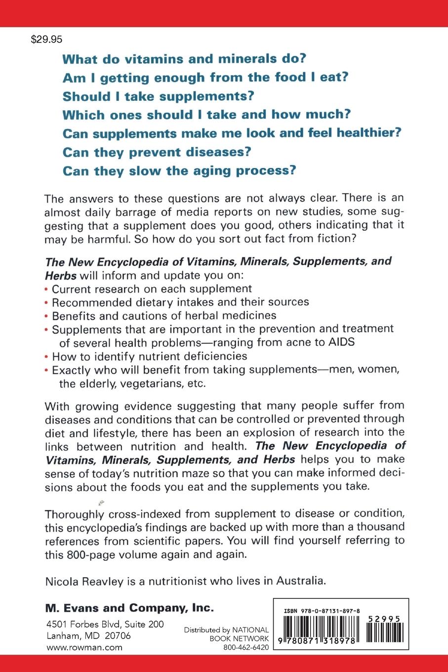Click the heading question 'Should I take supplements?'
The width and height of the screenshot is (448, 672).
click(158, 96)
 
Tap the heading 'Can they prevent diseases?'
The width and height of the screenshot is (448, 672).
click(157, 152)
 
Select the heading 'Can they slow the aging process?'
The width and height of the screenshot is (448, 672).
click(179, 171)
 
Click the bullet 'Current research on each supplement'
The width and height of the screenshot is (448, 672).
click(152, 289)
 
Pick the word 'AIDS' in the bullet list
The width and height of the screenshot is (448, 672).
click(342, 342)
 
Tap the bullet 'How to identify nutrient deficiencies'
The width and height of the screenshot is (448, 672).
click(149, 356)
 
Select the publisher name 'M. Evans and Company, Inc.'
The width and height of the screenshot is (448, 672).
click(129, 608)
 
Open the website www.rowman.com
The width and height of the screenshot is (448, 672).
click(84, 648)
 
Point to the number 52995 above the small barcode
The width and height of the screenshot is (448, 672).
click(384, 619)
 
